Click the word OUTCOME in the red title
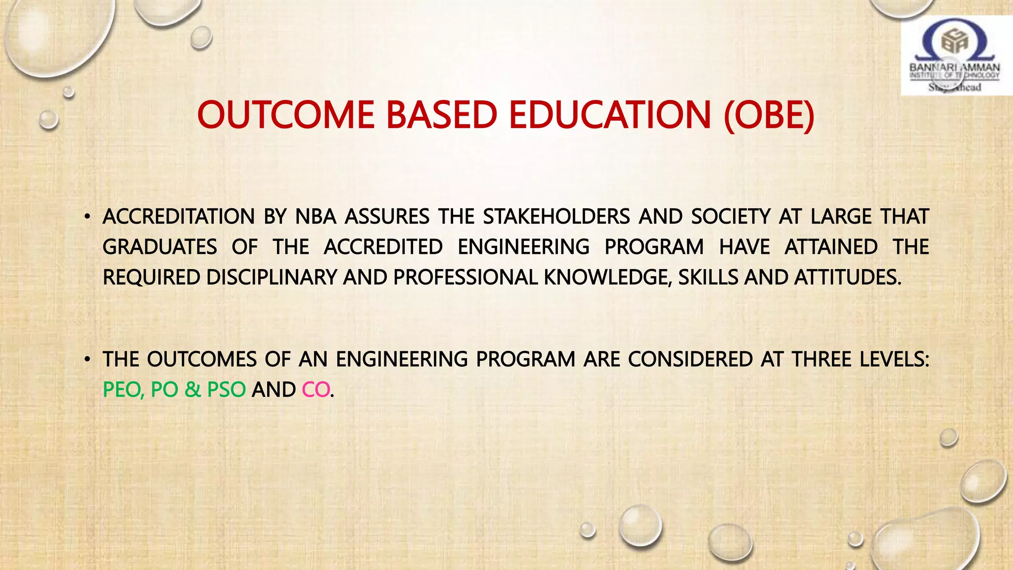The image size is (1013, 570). click(x=285, y=115)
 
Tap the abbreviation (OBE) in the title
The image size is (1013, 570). click(x=769, y=115)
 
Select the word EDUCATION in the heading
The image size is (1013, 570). click(x=610, y=115)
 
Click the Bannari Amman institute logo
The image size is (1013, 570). click(x=955, y=55)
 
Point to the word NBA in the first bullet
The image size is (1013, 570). click(x=316, y=217)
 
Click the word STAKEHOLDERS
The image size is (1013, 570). click(x=556, y=217)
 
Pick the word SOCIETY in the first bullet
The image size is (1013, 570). click(x=731, y=217)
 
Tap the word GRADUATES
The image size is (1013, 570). click(x=160, y=247)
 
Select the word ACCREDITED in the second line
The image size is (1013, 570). click(x=383, y=247)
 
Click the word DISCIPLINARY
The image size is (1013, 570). click(x=272, y=278)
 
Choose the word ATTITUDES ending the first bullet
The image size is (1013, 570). click(x=847, y=278)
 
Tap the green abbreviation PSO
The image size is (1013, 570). click(x=226, y=390)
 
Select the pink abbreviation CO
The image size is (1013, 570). click(x=316, y=390)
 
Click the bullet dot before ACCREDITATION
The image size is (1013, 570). click(x=87, y=217)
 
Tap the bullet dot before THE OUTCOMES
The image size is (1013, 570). click(x=87, y=359)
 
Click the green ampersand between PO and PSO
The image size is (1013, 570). click(x=193, y=390)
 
